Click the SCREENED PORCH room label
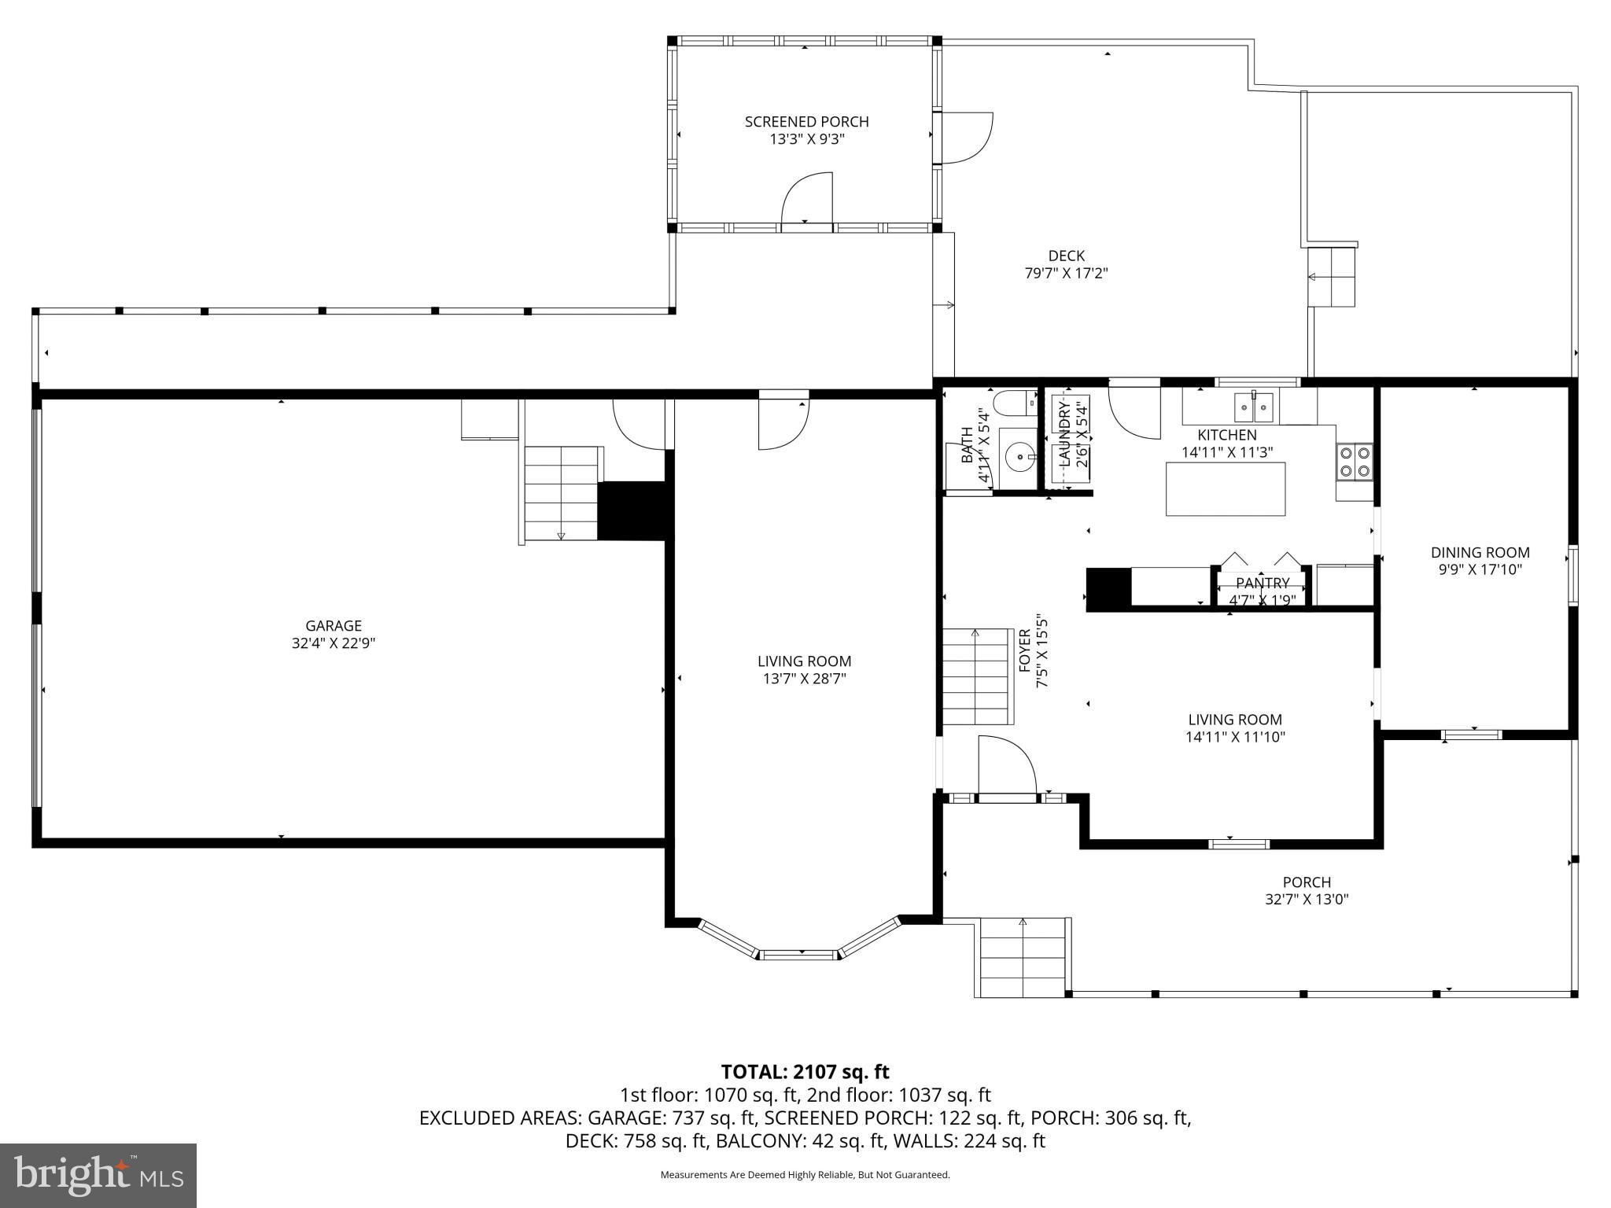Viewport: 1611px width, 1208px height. coord(806,122)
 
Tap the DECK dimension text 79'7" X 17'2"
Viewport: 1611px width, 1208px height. coord(1066,274)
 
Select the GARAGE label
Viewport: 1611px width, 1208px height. coord(334,626)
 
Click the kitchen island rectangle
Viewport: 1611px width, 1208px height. coord(1225,489)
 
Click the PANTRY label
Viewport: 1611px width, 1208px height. coord(1262,583)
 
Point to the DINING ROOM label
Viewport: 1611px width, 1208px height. coord(1480,553)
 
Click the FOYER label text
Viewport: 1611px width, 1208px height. coord(1025,650)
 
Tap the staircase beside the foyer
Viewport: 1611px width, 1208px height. coord(976,676)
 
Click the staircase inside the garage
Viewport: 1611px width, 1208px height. coord(561,493)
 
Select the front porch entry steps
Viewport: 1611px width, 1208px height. coord(1023,957)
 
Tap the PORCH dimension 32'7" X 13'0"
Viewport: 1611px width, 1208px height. coord(1307,900)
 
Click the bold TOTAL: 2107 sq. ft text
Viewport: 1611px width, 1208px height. coord(805,1072)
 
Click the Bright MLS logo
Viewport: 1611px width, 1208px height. coord(98,1176)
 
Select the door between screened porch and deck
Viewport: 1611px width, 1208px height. coord(964,138)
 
